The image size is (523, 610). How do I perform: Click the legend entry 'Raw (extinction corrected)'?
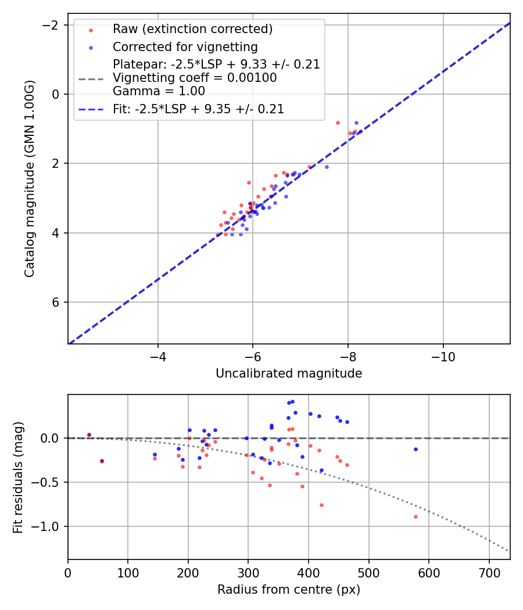tap(192, 29)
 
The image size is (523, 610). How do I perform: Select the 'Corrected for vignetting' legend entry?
tap(185, 46)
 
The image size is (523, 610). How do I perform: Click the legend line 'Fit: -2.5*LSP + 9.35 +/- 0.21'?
tap(198, 109)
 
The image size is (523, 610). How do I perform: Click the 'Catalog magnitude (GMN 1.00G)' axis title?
tap(30, 178)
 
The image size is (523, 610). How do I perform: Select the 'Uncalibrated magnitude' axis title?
tap(289, 374)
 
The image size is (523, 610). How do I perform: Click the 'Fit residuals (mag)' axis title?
tap(18, 477)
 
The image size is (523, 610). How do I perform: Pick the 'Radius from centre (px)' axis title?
tap(289, 590)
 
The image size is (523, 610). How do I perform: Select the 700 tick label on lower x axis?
tap(489, 573)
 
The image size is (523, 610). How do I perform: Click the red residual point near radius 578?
tap(415, 516)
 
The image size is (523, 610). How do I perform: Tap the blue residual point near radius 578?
tap(415, 449)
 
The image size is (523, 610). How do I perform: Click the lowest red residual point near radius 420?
tap(321, 505)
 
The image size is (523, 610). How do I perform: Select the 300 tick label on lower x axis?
tap(248, 573)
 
